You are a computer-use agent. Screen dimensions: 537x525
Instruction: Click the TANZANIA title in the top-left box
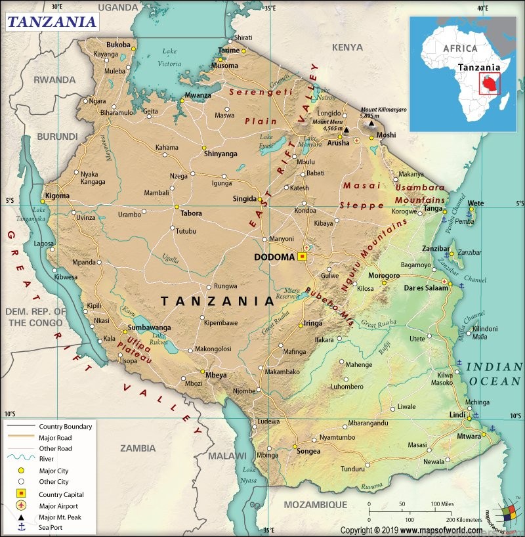pos(52,21)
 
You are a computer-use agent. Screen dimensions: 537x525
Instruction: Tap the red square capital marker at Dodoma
pos(302,257)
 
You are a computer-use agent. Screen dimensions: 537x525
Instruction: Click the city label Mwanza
pos(198,95)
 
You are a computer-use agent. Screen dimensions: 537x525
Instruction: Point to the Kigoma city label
pos(56,196)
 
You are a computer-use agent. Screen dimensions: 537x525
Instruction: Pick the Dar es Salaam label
pos(415,288)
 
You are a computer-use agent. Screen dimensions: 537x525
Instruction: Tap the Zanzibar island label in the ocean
pos(469,252)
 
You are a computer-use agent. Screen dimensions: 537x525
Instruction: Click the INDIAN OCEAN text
pos(495,374)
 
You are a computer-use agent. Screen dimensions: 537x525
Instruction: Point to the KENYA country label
pos(347,47)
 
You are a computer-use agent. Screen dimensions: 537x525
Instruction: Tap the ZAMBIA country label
pos(138,448)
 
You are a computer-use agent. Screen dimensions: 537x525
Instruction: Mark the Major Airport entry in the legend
pos(59,505)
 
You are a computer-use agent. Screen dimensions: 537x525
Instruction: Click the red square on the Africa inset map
pos(489,83)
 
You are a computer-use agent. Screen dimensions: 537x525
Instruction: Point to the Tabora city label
pos(191,213)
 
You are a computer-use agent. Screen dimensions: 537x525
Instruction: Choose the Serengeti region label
pos(261,93)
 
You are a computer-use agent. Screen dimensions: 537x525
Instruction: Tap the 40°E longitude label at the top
pos(483,8)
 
